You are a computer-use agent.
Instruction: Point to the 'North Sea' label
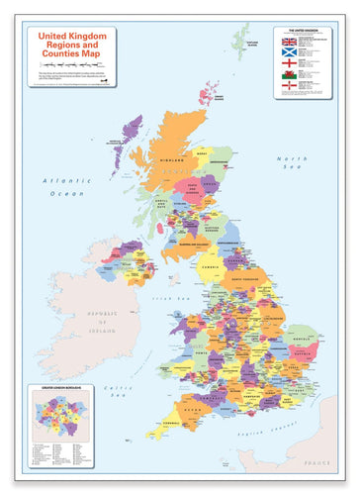[293, 164]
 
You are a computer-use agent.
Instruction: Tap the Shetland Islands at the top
[240, 40]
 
